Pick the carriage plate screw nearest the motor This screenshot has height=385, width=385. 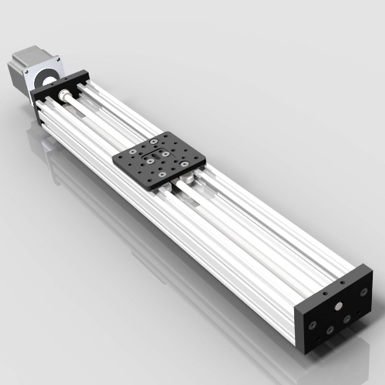click(155, 141)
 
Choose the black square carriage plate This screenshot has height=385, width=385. click(159, 158)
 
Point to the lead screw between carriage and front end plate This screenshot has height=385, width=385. click(254, 231)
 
